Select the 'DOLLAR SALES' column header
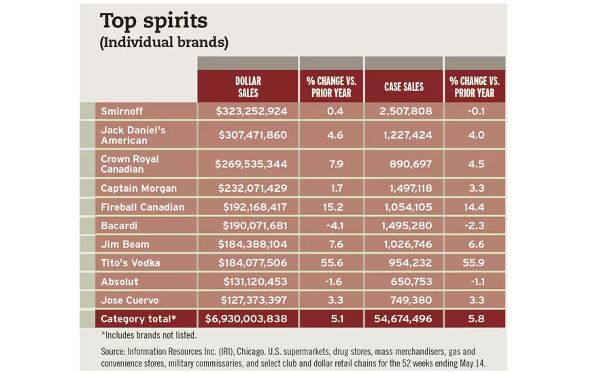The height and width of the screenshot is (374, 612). [248, 86]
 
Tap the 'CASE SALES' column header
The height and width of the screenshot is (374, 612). [403, 86]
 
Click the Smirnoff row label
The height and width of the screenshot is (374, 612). [122, 112]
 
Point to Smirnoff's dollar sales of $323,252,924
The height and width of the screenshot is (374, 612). [252, 112]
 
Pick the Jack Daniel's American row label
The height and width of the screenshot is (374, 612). [133, 135]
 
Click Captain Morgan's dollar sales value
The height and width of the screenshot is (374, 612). [252, 188]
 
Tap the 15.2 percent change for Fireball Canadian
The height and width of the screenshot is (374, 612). [330, 207]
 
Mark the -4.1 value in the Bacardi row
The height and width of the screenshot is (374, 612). [330, 226]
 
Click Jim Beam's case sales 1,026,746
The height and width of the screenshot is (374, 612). [403, 244]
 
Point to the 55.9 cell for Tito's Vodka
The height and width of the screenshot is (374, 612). [474, 263]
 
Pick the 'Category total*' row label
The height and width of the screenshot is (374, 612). [139, 319]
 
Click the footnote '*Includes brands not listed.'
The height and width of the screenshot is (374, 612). [148, 335]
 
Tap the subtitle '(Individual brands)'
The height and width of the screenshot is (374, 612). [164, 43]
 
